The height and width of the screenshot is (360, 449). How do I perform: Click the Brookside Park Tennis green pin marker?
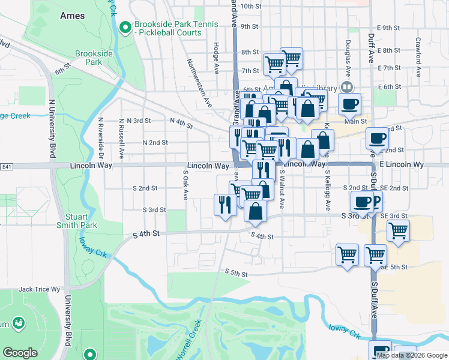125,27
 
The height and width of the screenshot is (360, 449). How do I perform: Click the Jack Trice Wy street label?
40,289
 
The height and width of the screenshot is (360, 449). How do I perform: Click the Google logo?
20,353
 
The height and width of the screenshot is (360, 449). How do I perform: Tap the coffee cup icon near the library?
349,104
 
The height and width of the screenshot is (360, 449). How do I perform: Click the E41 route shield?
7,166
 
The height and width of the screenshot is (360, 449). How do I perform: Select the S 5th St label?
237,273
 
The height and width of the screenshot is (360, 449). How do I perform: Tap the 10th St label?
250,7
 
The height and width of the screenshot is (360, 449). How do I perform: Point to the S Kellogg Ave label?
328,191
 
